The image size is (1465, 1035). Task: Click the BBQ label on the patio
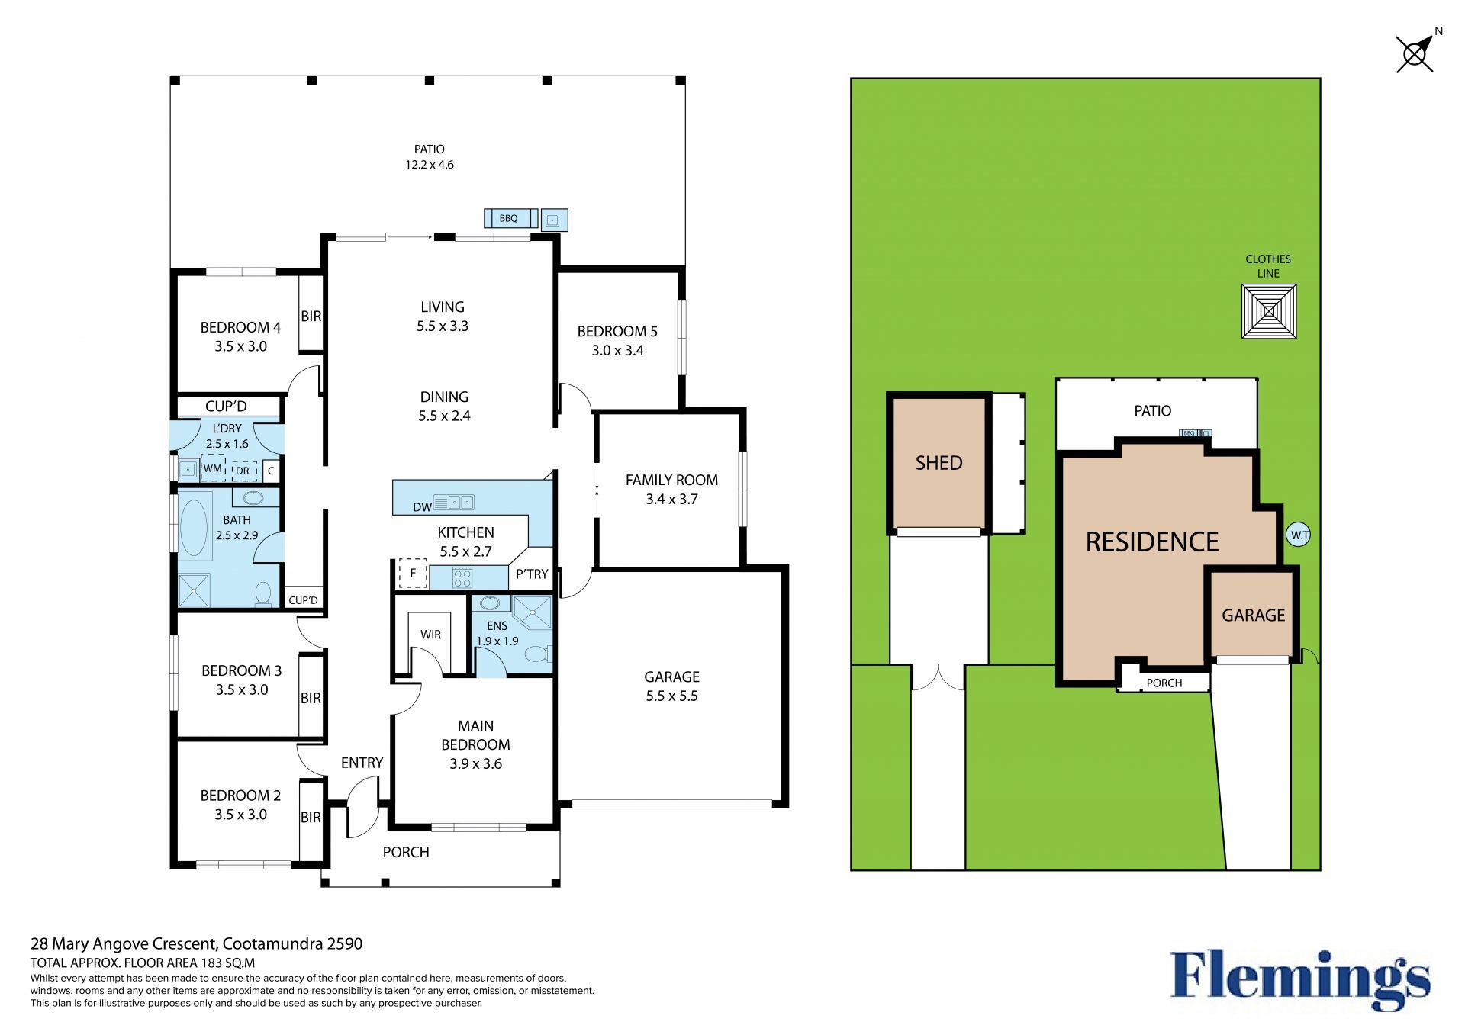509,219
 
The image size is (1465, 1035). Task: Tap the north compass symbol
1416,53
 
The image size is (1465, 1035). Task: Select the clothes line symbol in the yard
1269,311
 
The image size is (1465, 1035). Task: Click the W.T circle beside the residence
1299,535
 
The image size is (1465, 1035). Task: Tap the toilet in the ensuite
538,654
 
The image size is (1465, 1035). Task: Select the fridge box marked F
413,574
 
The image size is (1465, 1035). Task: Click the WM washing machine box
213,468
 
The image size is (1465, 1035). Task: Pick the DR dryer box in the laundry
243,471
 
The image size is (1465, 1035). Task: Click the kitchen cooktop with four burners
462,577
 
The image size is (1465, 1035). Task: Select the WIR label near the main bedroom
430,635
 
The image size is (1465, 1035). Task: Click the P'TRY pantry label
532,574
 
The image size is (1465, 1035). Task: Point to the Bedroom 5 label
617,332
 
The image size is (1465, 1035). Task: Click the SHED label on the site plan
939,463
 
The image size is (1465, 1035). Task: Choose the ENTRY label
362,763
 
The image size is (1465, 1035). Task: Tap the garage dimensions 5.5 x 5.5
671,696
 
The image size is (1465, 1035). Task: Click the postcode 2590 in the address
345,943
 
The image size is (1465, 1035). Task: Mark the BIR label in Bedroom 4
311,317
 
